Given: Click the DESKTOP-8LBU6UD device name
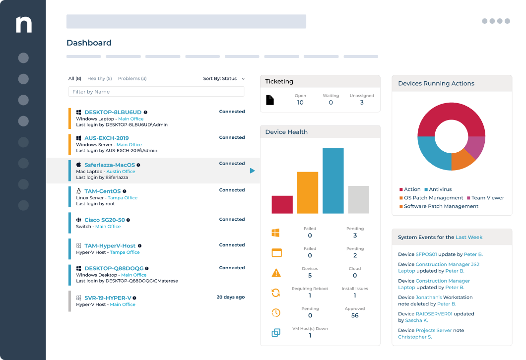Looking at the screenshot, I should pos(113,113).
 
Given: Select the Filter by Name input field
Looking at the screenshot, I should pos(156,92).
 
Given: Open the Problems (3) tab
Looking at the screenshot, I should pos(132,78).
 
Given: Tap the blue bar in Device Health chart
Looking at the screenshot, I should pos(333,180).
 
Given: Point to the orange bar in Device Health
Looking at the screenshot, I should pos(308,192).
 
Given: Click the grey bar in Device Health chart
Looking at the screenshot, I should pos(358,199).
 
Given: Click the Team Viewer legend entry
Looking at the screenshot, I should pos(487,198).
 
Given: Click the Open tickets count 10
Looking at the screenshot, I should pos(300,103).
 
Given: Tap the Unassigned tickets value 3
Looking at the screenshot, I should pos(362,103).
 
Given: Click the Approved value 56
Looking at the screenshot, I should pos(355,315).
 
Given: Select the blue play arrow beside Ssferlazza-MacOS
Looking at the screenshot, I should pos(252,171).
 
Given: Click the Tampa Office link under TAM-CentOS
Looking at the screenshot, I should pos(123,198).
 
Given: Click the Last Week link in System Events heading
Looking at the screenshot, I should pos(469,238).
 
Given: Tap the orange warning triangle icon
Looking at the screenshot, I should pos(276,273).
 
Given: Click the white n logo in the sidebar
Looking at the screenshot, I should pos(23,24).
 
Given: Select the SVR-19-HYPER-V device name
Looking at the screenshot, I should pos(108,298).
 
